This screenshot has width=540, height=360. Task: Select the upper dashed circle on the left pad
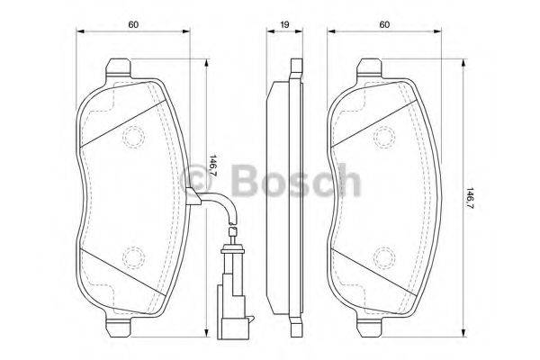pyautogui.click(x=134, y=138)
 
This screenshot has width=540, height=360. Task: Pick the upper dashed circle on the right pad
pyautogui.click(x=385, y=138)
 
